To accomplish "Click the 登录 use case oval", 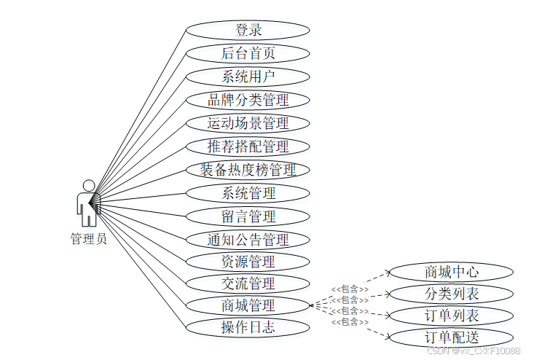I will (x=248, y=30).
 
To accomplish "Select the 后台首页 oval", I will (x=248, y=53).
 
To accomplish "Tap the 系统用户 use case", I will (x=248, y=77).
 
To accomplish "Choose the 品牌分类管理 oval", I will (x=248, y=100).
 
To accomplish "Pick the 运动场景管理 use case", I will (x=248, y=123).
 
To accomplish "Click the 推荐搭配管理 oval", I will (x=248, y=146).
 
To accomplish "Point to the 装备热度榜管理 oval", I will (x=248, y=170).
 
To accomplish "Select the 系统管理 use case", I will (x=248, y=193).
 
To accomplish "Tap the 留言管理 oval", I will (x=248, y=216).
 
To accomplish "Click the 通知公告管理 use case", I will (x=248, y=240).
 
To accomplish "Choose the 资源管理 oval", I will (x=248, y=261).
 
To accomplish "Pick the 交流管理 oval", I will (x=248, y=283).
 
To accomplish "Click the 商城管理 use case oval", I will (x=248, y=305).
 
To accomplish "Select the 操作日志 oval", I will (x=248, y=326).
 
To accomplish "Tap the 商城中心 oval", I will (x=452, y=273).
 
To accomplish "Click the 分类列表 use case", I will (x=452, y=294).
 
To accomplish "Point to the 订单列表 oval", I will (x=452, y=316).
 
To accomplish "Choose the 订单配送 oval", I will (x=452, y=337).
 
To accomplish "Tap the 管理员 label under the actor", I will (x=88, y=239).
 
